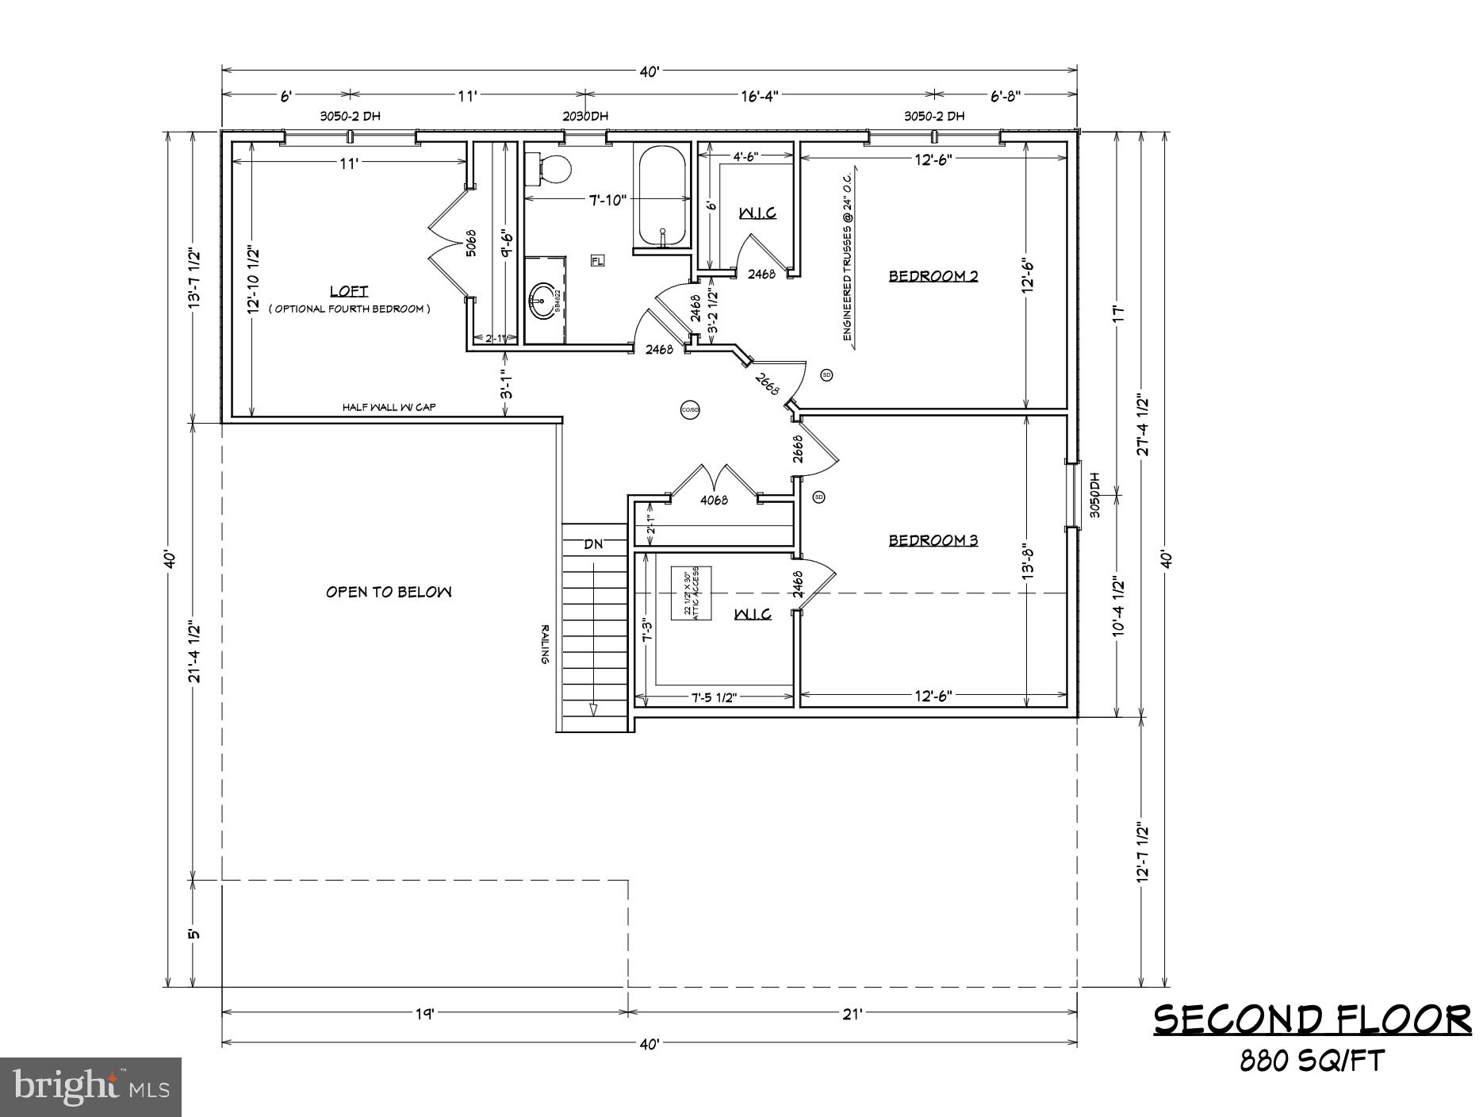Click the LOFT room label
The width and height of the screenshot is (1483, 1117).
(x=349, y=291)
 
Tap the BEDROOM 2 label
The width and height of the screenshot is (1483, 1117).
(x=933, y=276)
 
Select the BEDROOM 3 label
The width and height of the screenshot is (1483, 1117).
(x=933, y=540)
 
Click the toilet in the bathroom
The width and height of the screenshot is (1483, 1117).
(x=551, y=168)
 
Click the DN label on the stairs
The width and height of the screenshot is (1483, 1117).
(x=593, y=544)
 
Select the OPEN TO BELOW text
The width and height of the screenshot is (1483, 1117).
(x=389, y=592)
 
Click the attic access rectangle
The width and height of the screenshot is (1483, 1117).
(x=692, y=593)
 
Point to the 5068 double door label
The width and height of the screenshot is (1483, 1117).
(x=470, y=242)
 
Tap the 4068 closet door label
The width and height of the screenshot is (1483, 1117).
(x=714, y=501)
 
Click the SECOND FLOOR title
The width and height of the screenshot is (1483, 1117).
(x=1312, y=1019)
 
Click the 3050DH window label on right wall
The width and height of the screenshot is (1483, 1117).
(x=1094, y=496)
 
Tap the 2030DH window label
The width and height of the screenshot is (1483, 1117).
(x=585, y=116)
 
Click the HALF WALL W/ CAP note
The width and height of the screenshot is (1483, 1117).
(x=389, y=407)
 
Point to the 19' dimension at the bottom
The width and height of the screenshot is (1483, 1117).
(x=425, y=1013)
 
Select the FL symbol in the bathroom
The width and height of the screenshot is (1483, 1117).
(x=597, y=260)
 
